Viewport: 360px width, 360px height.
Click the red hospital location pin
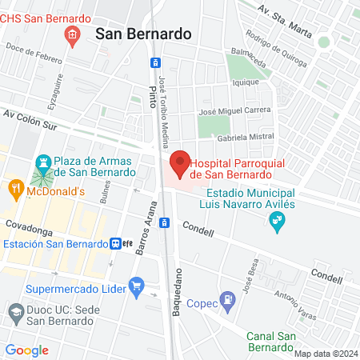coord(180,162)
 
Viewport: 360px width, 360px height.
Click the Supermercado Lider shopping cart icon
coord(136,285)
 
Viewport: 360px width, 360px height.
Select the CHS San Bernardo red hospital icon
coord(73,34)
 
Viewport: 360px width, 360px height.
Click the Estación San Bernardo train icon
coord(117,244)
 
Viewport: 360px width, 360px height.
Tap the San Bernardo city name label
coord(143,34)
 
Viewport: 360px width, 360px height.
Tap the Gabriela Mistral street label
coord(245,137)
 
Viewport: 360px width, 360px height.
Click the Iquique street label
coord(245,82)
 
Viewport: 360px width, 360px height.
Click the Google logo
coord(27,350)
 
